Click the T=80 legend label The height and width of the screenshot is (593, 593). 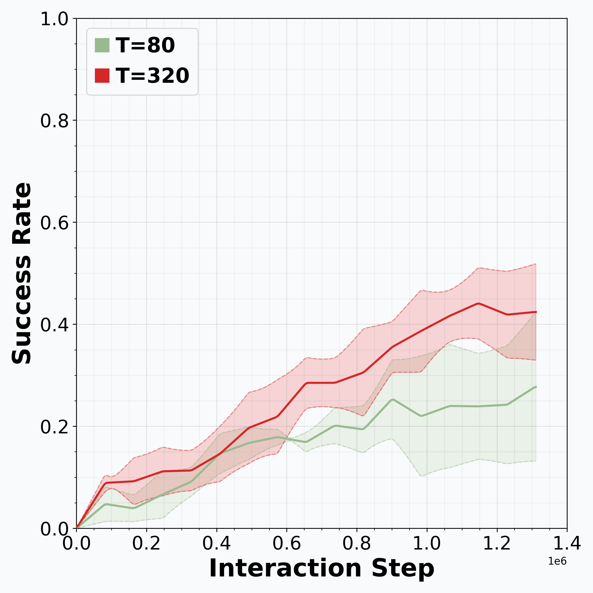pyautogui.click(x=145, y=45)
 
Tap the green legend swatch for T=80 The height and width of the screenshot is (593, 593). pyautogui.click(x=102, y=45)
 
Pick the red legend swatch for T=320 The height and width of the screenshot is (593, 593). pyautogui.click(x=102, y=76)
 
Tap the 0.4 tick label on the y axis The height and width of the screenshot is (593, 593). pyautogui.click(x=54, y=325)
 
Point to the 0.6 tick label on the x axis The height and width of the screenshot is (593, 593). pyautogui.click(x=286, y=544)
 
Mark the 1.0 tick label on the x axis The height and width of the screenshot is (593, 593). pyautogui.click(x=427, y=544)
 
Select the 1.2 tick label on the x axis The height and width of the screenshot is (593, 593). pyautogui.click(x=497, y=544)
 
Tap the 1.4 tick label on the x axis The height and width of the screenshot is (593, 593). pyautogui.click(x=567, y=544)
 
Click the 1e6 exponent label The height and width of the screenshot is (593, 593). pyautogui.click(x=557, y=561)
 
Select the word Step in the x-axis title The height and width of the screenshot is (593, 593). pyautogui.click(x=403, y=569)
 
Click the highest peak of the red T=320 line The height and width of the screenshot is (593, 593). pyautogui.click(x=478, y=304)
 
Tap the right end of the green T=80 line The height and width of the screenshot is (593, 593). pyautogui.click(x=536, y=387)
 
